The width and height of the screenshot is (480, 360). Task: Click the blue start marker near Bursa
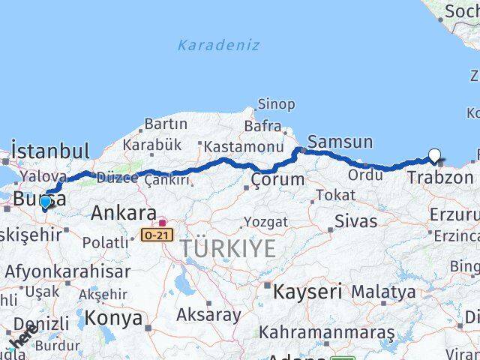pos(45,202)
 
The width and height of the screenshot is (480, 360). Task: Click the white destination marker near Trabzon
pos(434,156)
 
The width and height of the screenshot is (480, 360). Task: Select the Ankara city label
pos(124,213)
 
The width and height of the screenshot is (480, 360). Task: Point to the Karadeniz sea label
pos(218,45)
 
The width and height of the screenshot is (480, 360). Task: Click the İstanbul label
pos(50,150)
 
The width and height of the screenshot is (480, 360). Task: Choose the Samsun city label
pos(340,141)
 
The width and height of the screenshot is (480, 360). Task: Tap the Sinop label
pos(276,104)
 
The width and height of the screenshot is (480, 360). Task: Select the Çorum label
pos(277,179)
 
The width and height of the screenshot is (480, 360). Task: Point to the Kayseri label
pos(307,291)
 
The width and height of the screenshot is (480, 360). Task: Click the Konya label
pos(113,318)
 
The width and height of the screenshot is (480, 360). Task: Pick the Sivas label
pos(355,220)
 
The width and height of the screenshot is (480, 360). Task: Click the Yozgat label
pos(265,222)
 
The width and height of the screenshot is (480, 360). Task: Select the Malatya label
pos(383,291)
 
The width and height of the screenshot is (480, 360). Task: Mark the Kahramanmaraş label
pos(326,331)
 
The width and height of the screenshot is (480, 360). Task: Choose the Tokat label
pos(335,195)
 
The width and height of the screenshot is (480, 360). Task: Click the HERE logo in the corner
pos(22,337)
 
